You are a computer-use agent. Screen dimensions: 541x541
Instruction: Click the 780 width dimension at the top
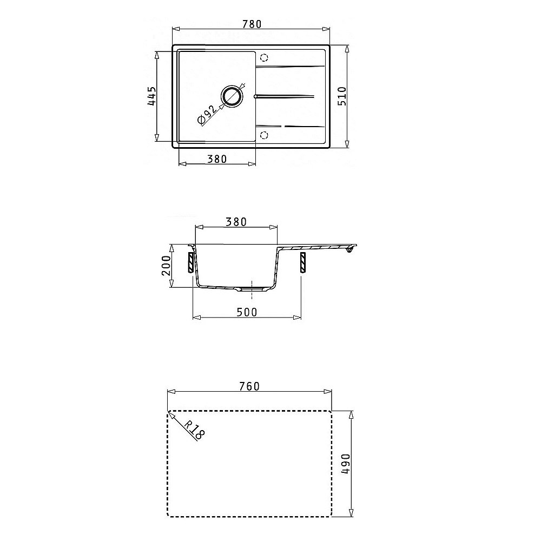(x=252, y=24)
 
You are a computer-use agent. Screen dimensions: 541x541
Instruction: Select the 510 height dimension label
(x=342, y=96)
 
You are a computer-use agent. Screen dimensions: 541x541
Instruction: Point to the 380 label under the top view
(x=216, y=159)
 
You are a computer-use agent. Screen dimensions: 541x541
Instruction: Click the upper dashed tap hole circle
(x=264, y=58)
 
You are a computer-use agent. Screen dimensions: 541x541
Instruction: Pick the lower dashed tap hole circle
(x=264, y=135)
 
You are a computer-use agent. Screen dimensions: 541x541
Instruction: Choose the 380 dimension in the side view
(x=236, y=221)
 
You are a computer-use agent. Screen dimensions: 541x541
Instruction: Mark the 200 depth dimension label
(x=167, y=266)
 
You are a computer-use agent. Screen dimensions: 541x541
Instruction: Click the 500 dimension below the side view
(x=246, y=312)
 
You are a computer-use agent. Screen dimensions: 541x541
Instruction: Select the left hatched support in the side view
(x=191, y=262)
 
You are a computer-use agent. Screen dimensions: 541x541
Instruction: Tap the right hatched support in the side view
(x=302, y=262)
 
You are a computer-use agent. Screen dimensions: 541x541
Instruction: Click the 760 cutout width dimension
(x=249, y=386)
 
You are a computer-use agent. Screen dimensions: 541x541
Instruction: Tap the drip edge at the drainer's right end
(x=351, y=249)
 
